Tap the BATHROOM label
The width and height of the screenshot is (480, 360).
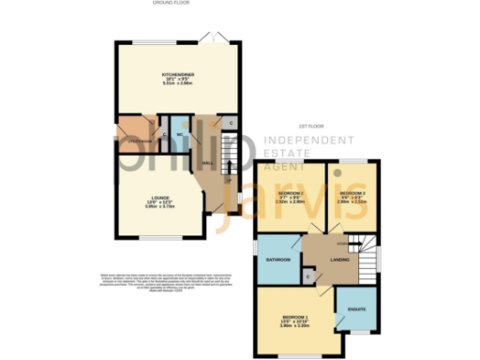pyautogui.click(x=276, y=258)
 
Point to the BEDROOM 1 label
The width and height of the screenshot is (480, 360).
pyautogui.click(x=295, y=320)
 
